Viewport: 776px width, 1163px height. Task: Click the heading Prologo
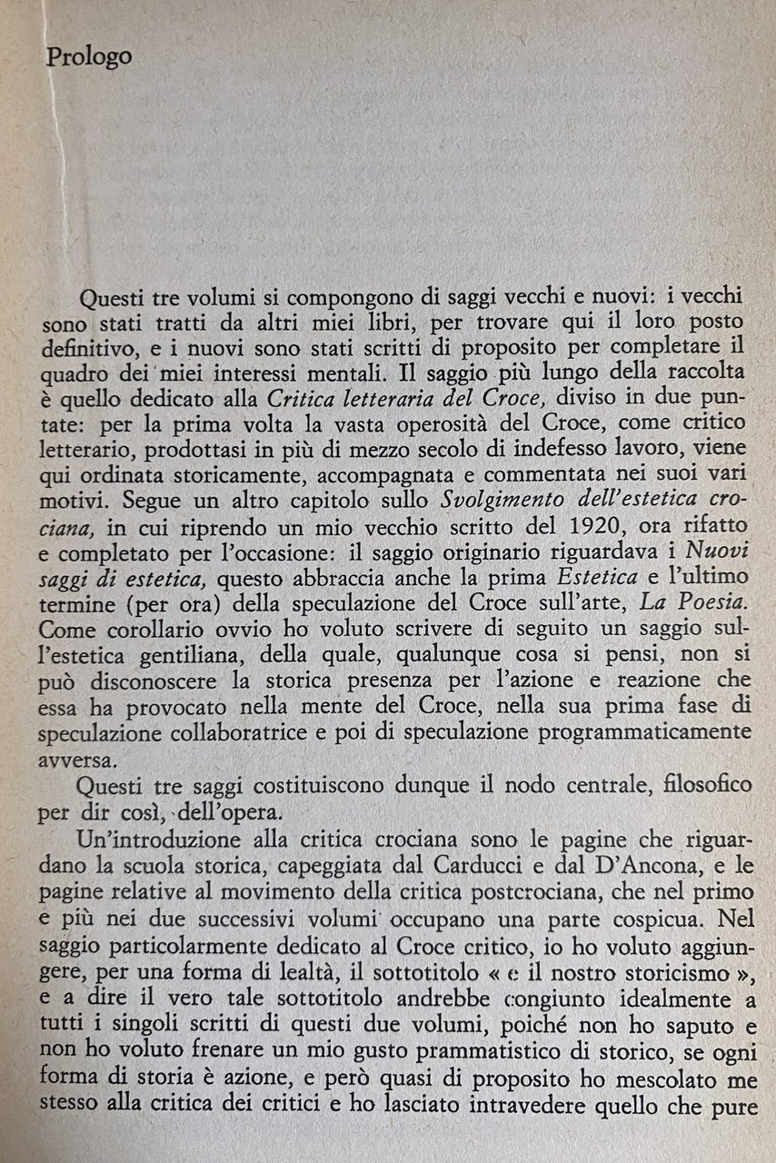[89, 56]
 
